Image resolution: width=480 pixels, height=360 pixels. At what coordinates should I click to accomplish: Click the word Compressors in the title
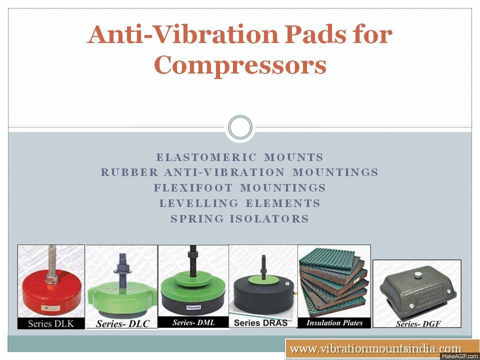tap(240, 65)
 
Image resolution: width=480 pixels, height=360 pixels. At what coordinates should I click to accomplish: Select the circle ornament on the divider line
tap(240, 127)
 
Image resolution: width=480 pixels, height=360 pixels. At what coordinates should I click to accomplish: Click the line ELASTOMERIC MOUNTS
tap(240, 157)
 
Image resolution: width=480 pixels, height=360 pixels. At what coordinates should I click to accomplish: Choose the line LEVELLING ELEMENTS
tap(240, 203)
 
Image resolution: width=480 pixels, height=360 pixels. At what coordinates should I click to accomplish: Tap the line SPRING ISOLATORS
tap(240, 219)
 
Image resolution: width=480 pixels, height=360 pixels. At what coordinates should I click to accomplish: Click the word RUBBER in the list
tap(129, 172)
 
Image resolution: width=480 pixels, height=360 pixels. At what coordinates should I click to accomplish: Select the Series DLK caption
tap(51, 323)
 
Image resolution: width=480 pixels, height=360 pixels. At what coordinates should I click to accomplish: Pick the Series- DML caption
tap(193, 322)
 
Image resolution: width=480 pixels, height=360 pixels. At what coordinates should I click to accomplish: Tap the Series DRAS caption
tap(261, 322)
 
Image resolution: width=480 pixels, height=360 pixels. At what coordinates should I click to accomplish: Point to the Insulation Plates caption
tap(334, 322)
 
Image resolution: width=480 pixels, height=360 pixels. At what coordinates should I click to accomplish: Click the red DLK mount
tap(50, 295)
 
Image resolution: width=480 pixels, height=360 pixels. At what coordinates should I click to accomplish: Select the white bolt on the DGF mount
tap(417, 274)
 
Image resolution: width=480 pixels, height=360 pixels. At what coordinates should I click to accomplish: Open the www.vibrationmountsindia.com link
tap(375, 348)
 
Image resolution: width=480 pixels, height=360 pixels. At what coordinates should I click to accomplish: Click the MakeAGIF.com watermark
tap(459, 356)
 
